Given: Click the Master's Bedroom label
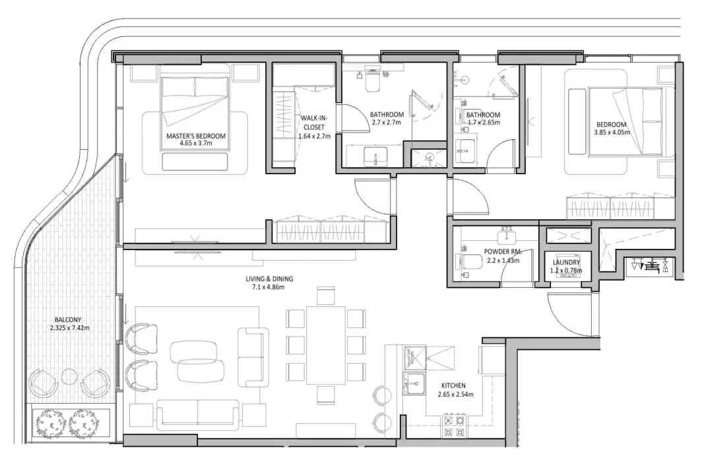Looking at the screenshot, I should click(x=195, y=136).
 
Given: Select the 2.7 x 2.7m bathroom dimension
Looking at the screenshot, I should click(x=386, y=123).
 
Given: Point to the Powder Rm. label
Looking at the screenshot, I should click(x=503, y=252).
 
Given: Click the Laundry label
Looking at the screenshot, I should click(x=566, y=262).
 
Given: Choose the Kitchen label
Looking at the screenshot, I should click(x=455, y=385).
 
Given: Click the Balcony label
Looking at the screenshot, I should click(x=68, y=318).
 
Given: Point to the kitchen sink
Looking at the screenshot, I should click(x=415, y=383).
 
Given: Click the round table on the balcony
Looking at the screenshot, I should click(x=70, y=377).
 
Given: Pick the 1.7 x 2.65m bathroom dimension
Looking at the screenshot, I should click(x=483, y=123).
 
